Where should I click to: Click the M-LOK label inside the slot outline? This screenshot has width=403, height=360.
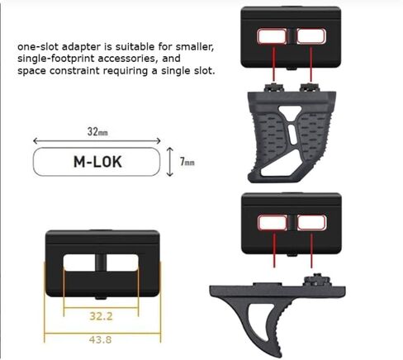coord(97,162)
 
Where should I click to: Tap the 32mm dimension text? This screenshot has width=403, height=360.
coord(97,132)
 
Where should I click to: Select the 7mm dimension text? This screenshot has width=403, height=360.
coord(187,161)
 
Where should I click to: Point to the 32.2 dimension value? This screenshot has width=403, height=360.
coord(101,316)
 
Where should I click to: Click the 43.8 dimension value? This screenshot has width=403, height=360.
coord(101,339)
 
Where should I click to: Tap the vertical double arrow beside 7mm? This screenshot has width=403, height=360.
coord(170,162)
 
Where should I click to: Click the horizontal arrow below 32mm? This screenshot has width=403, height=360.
coord(97,141)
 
